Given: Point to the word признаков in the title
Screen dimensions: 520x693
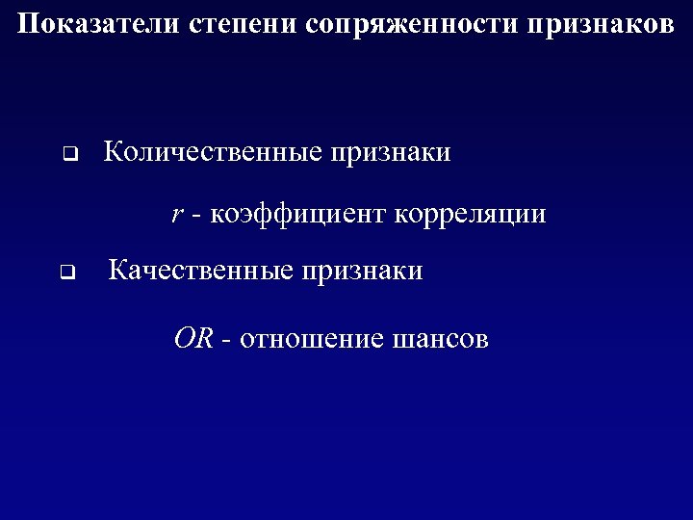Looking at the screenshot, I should click(602, 24).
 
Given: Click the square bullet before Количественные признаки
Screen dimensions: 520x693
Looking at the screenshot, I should click(69, 153).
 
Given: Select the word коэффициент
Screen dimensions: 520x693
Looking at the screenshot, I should click(294, 214).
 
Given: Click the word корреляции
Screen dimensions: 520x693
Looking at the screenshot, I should click(470, 214).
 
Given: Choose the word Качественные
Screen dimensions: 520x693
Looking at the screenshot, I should click(200, 272).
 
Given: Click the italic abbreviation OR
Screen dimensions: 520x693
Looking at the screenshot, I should click(192, 339).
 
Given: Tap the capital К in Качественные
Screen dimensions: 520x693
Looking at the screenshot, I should click(118, 272).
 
